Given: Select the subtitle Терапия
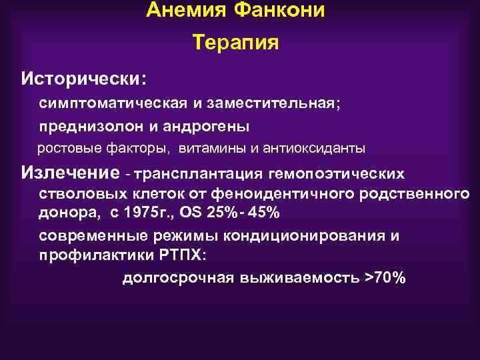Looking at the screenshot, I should (x=235, y=43).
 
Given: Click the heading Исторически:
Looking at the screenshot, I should (x=84, y=79).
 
